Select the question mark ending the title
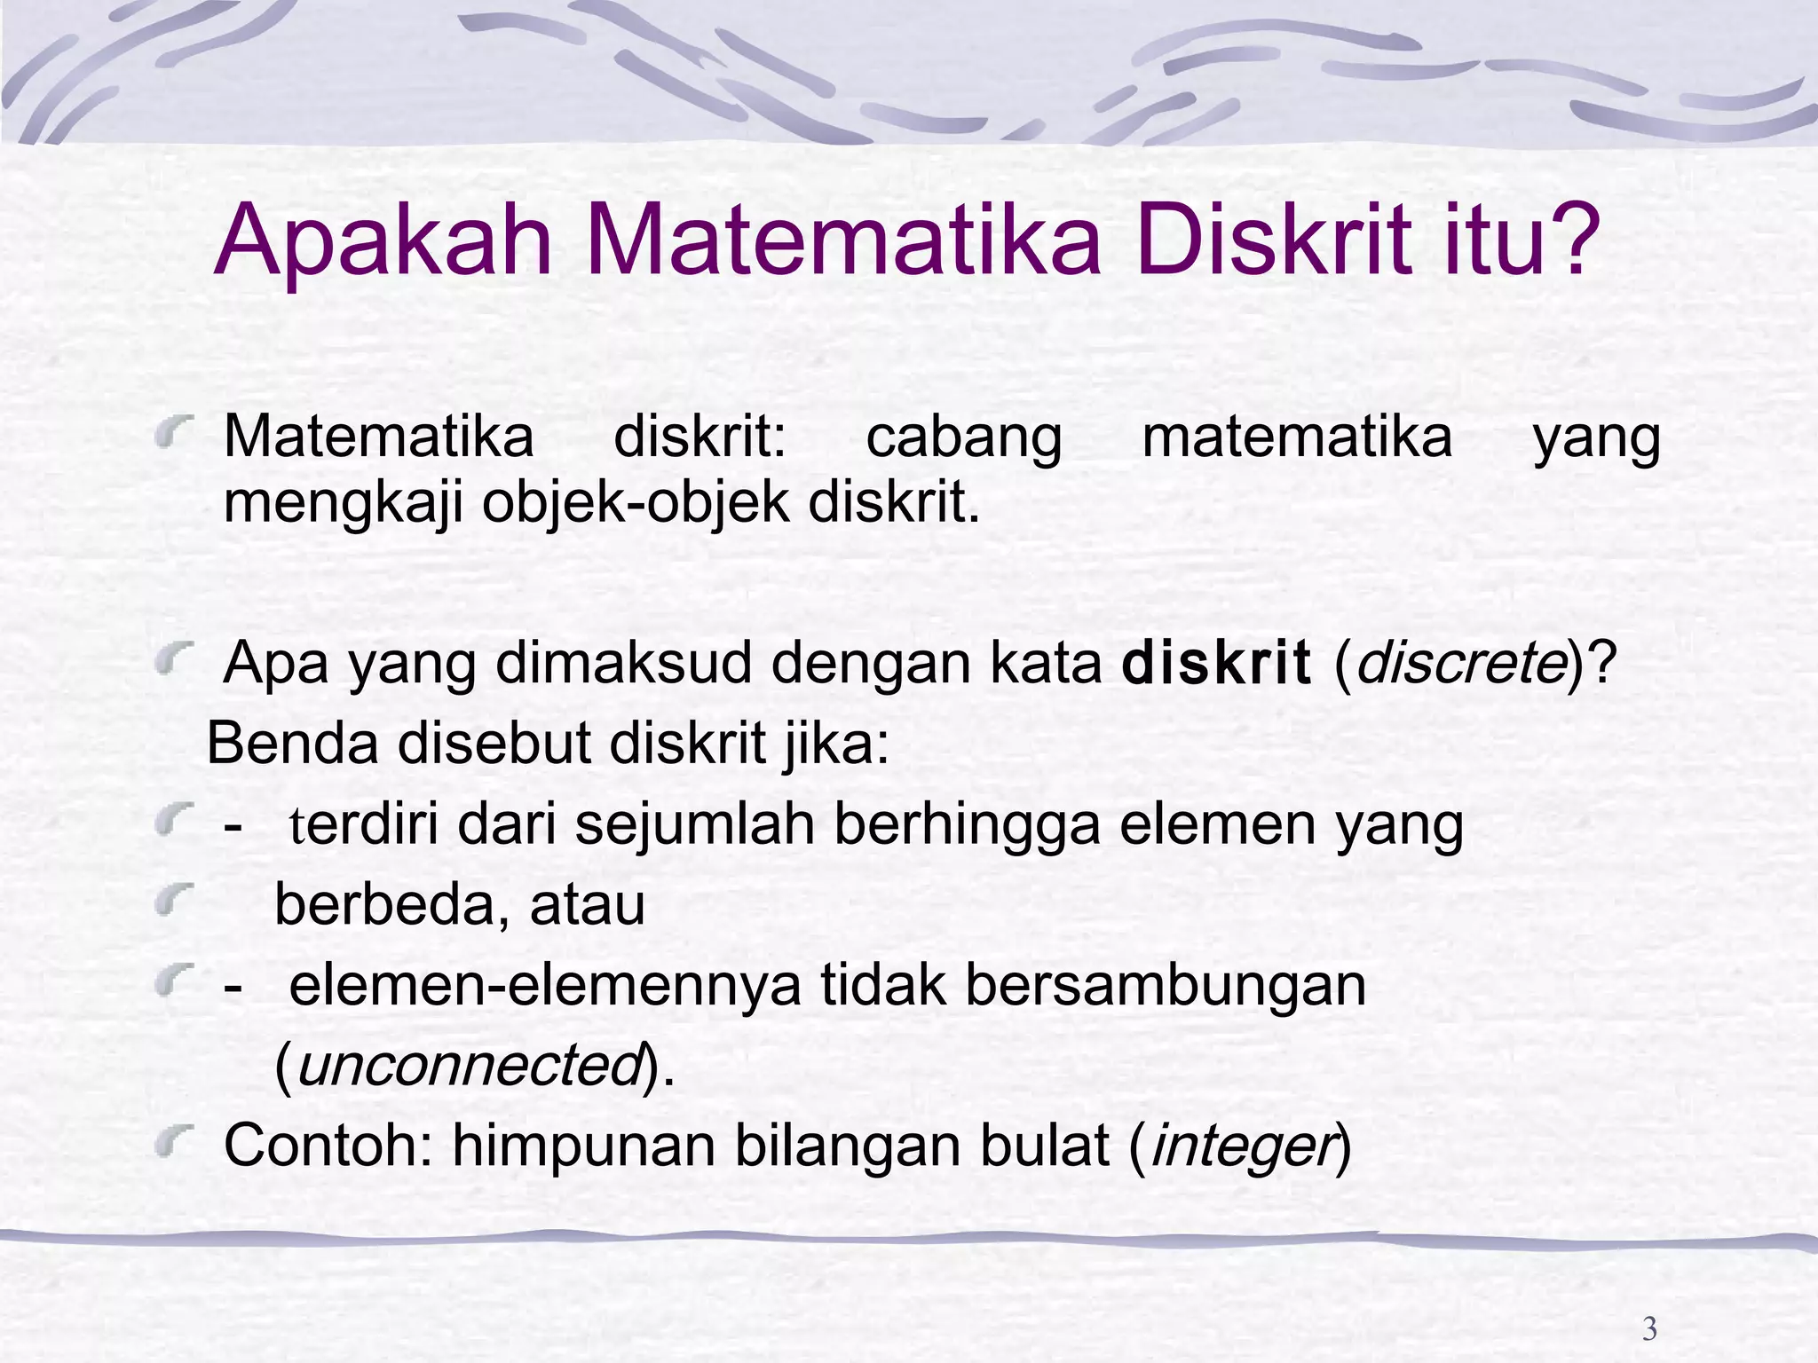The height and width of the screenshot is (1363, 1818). (1572, 241)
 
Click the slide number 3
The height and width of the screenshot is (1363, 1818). (1649, 1328)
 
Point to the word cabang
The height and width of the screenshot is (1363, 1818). (963, 438)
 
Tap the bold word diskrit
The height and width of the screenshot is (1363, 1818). (1216, 663)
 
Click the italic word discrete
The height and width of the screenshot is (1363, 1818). (1460, 663)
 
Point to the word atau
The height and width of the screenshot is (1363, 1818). (587, 905)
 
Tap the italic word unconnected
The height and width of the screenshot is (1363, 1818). (469, 1065)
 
